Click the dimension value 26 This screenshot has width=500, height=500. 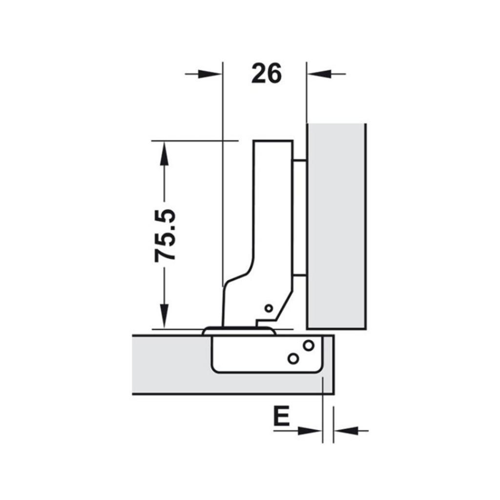267,74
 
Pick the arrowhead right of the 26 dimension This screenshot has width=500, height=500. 317,74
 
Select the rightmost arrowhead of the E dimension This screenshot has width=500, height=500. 344,431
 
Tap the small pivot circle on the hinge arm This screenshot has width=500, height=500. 268,308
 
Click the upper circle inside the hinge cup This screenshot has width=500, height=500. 308,345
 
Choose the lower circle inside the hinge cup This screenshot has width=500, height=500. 293,358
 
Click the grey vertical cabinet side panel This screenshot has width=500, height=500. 336,225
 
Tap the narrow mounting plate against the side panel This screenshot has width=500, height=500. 299,217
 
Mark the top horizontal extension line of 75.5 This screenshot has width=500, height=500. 195,141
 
